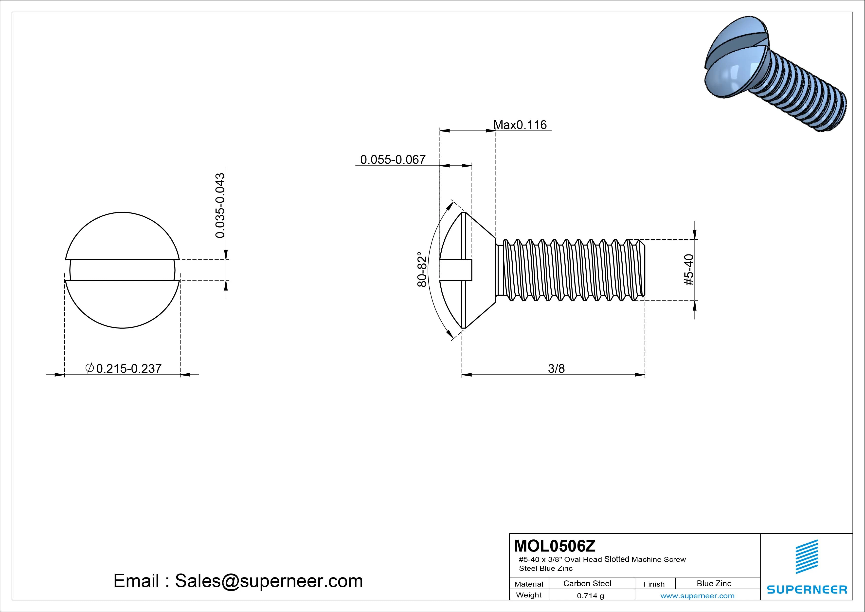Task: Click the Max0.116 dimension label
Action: pyautogui.click(x=520, y=125)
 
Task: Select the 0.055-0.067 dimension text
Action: pyautogui.click(x=393, y=159)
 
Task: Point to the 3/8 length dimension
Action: pyautogui.click(x=556, y=368)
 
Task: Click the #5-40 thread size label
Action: pyautogui.click(x=689, y=270)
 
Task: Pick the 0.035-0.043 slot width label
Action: pyautogui.click(x=220, y=206)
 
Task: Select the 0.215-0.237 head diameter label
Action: pyautogui.click(x=129, y=368)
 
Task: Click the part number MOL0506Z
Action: pyautogui.click(x=555, y=545)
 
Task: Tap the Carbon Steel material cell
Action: pyautogui.click(x=587, y=583)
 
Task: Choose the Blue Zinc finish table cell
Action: pyautogui.click(x=714, y=583)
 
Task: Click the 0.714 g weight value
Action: pyautogui.click(x=590, y=596)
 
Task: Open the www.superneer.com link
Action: pyautogui.click(x=697, y=596)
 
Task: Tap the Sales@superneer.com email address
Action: pyautogui.click(x=269, y=581)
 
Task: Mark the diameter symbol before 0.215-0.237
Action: pyautogui.click(x=90, y=368)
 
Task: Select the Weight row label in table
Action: pyautogui.click(x=529, y=595)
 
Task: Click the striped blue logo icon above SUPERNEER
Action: pyautogui.click(x=807, y=556)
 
